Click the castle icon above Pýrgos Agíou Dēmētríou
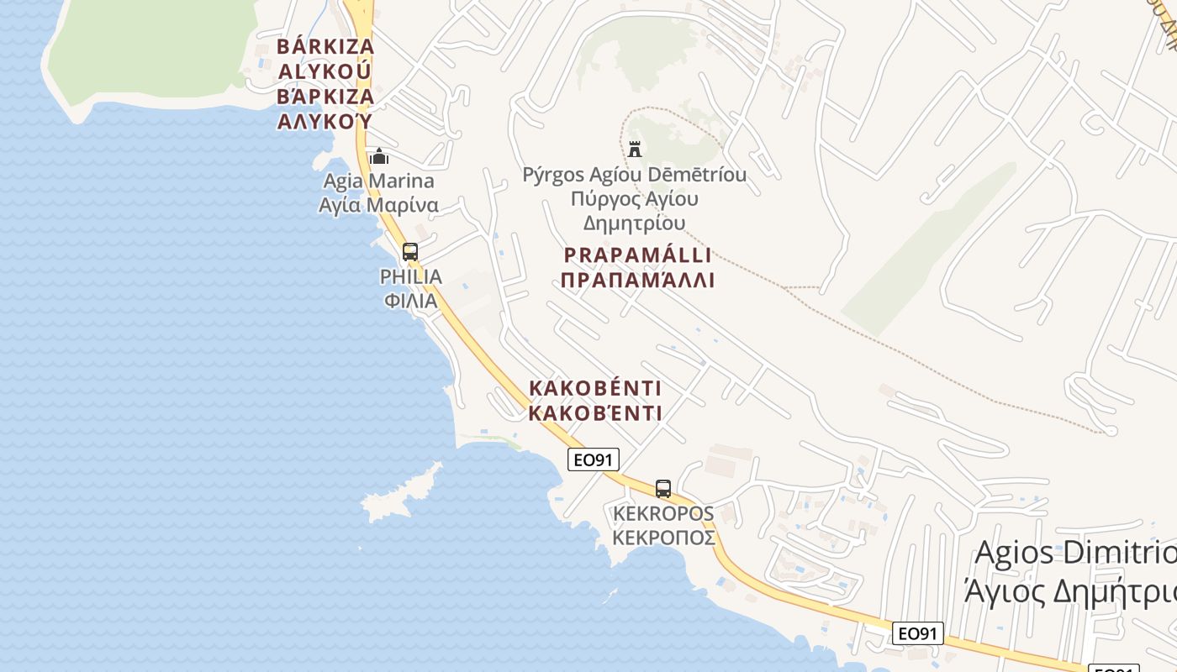click(x=635, y=150)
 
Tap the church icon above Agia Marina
click(x=379, y=156)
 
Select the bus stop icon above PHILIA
click(x=410, y=251)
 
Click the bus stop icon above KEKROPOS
click(x=663, y=488)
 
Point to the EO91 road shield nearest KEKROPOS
click(x=594, y=459)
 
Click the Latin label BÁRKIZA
click(x=325, y=45)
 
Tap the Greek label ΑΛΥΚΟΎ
click(x=325, y=121)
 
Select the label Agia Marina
click(x=379, y=181)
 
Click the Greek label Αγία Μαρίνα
click(x=379, y=205)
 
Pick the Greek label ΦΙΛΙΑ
click(x=411, y=301)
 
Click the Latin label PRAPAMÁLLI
click(x=638, y=255)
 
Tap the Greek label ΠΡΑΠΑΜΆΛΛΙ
click(x=638, y=281)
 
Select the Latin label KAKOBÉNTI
click(x=595, y=389)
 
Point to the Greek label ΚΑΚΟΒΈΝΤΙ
click(x=595, y=413)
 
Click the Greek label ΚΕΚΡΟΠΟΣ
click(x=664, y=538)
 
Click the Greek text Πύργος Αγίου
click(x=635, y=200)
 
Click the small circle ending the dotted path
click(x=1110, y=431)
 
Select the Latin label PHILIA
click(x=411, y=276)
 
